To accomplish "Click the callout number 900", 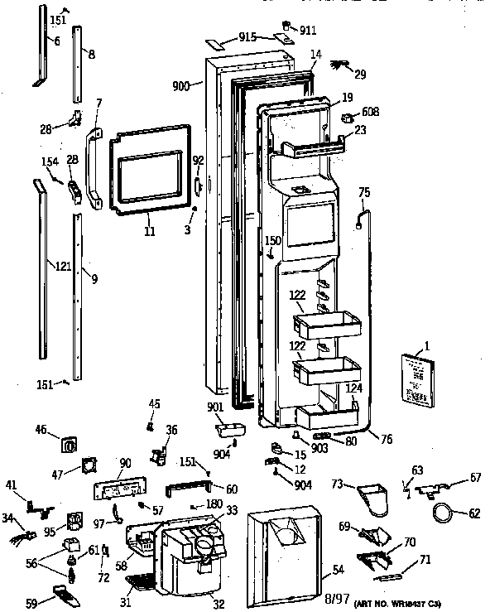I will tap(182, 85).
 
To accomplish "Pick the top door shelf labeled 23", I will tap(315, 150).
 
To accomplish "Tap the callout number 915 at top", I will tap(246, 37).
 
